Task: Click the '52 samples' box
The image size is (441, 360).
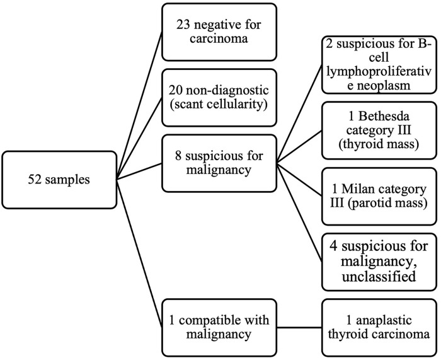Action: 59,180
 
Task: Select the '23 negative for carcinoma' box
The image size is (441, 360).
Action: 219,32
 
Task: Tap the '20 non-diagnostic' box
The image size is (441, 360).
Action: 219,97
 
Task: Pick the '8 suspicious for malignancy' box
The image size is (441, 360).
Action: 219,163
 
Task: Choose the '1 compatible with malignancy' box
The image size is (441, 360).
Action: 219,327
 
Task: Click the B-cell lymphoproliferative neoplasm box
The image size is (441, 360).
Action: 379,65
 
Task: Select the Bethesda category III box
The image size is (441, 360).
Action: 379,131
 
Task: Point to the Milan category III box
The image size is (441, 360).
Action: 379,196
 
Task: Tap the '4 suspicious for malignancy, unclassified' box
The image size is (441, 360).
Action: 379,262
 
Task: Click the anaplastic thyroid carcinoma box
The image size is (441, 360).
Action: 379,327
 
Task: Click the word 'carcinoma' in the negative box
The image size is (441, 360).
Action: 219,38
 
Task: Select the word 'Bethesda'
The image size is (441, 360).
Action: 385,116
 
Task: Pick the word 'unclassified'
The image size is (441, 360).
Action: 379,277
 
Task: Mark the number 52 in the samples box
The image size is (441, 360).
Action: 35,180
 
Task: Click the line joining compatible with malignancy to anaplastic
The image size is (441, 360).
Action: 299,327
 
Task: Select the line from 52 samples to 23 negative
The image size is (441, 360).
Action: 139,105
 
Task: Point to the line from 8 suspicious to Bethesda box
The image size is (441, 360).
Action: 299,146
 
